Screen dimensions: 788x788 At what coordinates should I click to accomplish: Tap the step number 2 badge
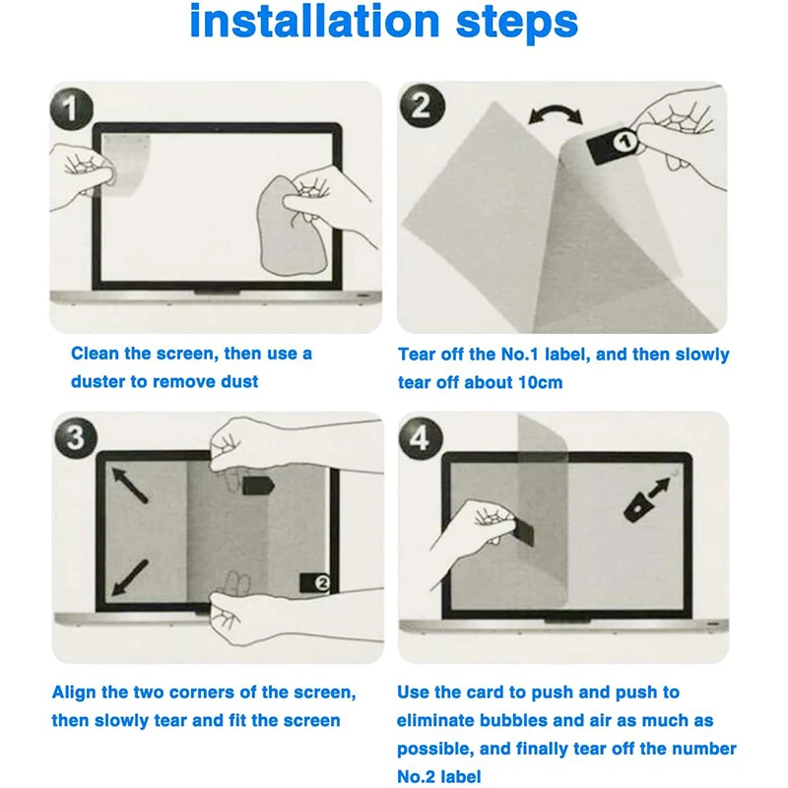point(423,106)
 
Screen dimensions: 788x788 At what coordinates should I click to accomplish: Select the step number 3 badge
point(76,436)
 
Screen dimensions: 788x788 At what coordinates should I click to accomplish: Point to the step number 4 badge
point(421,436)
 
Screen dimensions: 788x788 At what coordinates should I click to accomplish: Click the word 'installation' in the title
point(315,21)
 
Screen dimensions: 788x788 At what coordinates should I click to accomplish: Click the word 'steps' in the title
point(517,24)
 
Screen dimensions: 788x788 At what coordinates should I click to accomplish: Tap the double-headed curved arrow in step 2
point(556,114)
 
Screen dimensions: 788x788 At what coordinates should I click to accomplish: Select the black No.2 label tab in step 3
point(315,583)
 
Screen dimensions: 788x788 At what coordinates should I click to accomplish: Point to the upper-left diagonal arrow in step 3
point(129,485)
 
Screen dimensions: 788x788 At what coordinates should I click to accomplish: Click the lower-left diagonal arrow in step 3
point(129,578)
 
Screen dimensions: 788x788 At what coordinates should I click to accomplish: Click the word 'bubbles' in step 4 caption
point(513,720)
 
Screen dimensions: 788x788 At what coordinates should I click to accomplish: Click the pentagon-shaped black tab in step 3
point(258,485)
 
